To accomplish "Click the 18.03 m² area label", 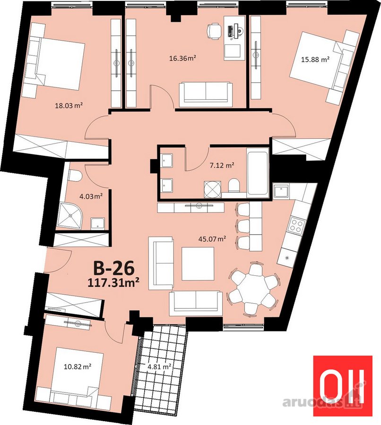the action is [x=69, y=105].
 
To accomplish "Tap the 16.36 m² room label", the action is [x=182, y=58].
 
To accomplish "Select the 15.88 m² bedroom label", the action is [x=315, y=59].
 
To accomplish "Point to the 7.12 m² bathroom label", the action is [x=222, y=165].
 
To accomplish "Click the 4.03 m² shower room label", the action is [x=91, y=196].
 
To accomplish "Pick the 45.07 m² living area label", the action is [x=213, y=239].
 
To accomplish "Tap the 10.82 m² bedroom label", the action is [x=78, y=367].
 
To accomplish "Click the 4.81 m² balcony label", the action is [x=159, y=367].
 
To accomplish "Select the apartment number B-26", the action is [x=114, y=268].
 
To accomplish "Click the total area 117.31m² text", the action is [x=113, y=283].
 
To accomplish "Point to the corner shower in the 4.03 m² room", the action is [x=70, y=216].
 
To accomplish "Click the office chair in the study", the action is [x=214, y=32].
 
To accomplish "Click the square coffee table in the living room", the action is [x=198, y=263].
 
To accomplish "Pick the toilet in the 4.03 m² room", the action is [x=74, y=175].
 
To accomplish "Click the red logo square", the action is [x=343, y=386].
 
